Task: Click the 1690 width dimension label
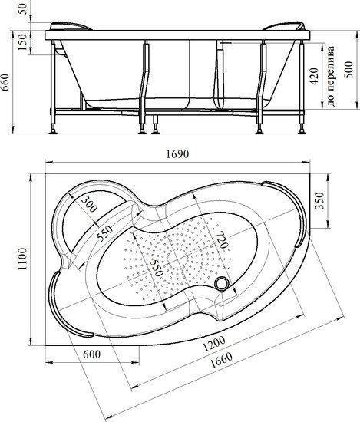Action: tap(177, 154)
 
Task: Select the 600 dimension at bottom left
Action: tap(92, 354)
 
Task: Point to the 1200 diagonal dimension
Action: tap(214, 344)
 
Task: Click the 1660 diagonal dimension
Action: tap(221, 361)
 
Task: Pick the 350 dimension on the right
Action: tap(319, 200)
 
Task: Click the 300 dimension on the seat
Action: tap(88, 204)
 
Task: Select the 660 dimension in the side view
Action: tap(5, 82)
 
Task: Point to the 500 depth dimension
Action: tap(349, 70)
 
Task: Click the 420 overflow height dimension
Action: tap(314, 77)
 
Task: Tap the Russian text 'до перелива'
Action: tap(331, 76)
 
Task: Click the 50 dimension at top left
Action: tap(23, 9)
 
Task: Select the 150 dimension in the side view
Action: tap(22, 42)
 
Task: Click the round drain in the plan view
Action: tap(222, 284)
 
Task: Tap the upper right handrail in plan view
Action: tap(295, 210)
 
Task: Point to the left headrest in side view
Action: tap(71, 26)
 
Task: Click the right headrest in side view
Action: tap(283, 26)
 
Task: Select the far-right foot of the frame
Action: tap(302, 132)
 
